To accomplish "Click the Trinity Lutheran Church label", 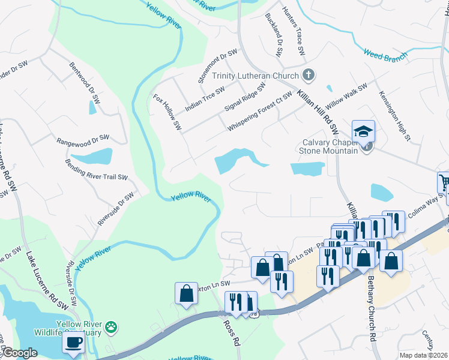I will [x=255, y=76].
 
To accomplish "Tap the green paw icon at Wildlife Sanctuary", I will [x=111, y=327].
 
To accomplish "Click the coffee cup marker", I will [x=74, y=342].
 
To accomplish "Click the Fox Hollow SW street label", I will [x=167, y=112].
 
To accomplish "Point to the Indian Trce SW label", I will [x=205, y=98].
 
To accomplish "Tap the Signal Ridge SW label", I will [x=244, y=98].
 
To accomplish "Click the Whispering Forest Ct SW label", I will [x=259, y=112].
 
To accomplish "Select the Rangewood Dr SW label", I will [x=83, y=140].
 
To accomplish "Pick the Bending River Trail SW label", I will [x=97, y=170].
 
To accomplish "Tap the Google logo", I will [x=20, y=353].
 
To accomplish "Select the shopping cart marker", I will [x=444, y=181].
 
